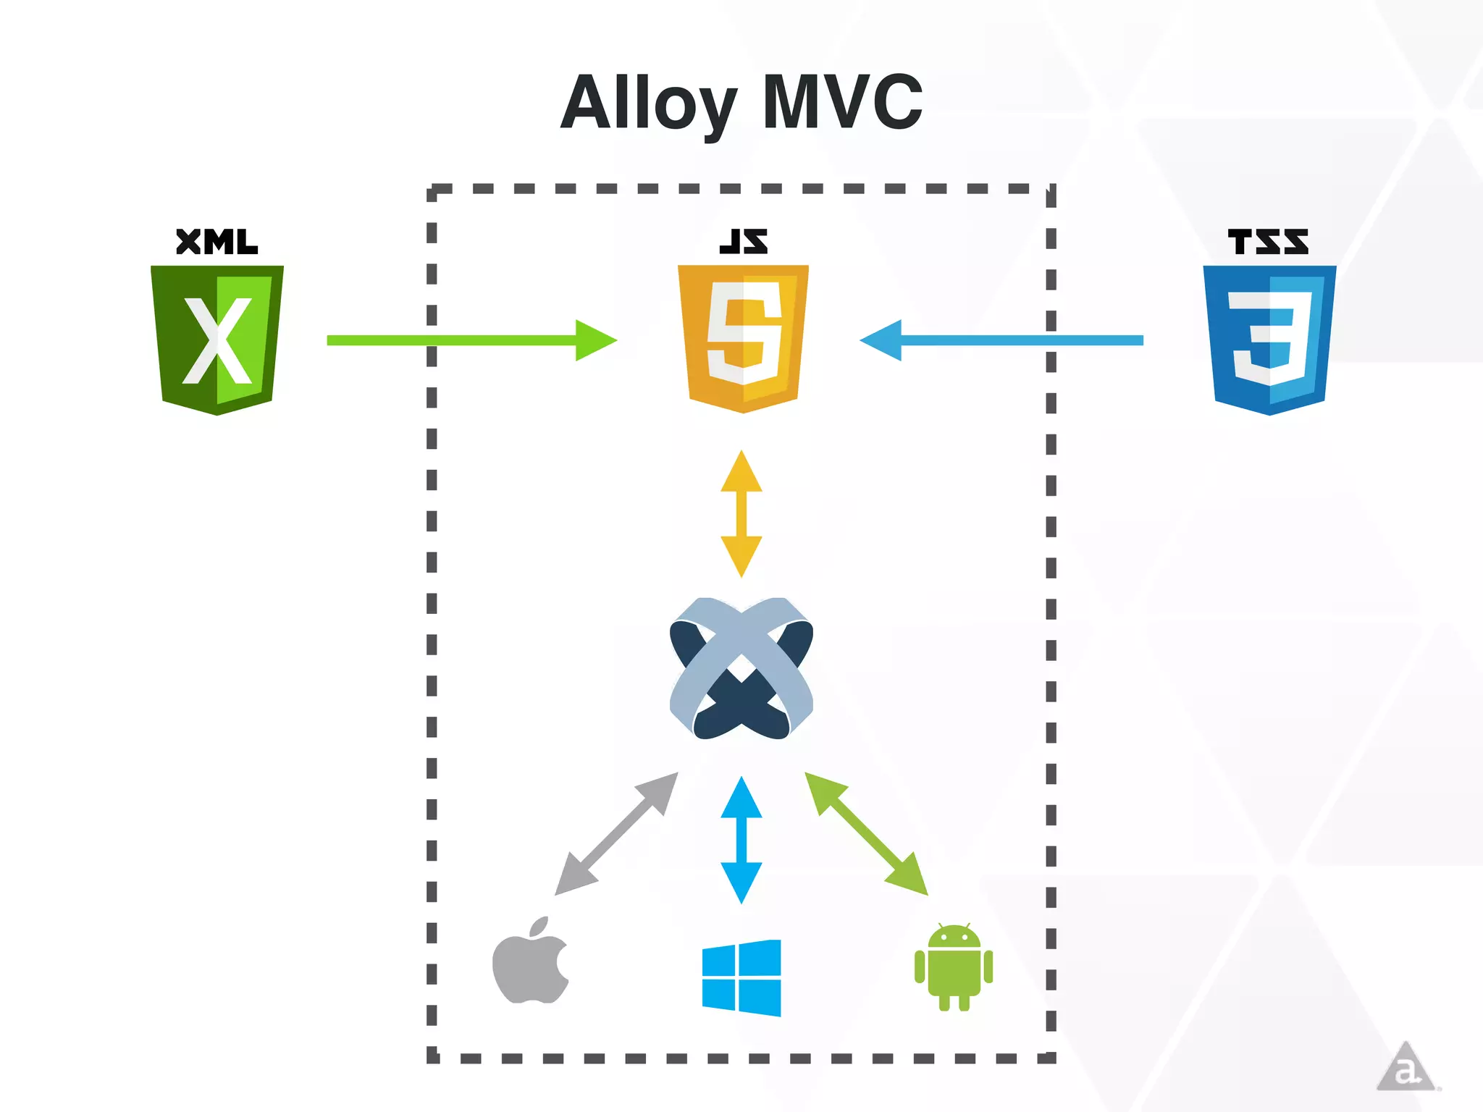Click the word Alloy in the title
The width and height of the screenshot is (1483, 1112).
pyautogui.click(x=648, y=104)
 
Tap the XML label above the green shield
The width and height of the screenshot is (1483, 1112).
pyautogui.click(x=217, y=242)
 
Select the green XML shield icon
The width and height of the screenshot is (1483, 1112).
pyautogui.click(x=217, y=339)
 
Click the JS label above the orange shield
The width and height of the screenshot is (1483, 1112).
pyautogui.click(x=743, y=242)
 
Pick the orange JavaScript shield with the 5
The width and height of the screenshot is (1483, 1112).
pyautogui.click(x=743, y=338)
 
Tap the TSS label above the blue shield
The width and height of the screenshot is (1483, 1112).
pyautogui.click(x=1268, y=242)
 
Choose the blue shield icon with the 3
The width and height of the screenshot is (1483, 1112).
pyautogui.click(x=1269, y=339)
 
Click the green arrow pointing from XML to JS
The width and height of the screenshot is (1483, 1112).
pyautogui.click(x=471, y=340)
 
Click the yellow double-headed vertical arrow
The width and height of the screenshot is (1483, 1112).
pyautogui.click(x=741, y=514)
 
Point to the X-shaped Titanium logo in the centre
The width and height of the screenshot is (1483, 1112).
pyautogui.click(x=741, y=668)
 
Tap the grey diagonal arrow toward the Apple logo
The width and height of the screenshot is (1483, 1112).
pyautogui.click(x=617, y=833)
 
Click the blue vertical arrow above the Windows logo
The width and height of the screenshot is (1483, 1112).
pyautogui.click(x=741, y=840)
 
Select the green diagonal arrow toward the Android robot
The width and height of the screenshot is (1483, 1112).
pyautogui.click(x=866, y=833)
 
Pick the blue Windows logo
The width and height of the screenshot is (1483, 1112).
pyautogui.click(x=741, y=978)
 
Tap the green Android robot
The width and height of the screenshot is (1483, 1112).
pyautogui.click(x=954, y=967)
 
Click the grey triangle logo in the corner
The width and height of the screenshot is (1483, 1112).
pyautogui.click(x=1405, y=1067)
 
